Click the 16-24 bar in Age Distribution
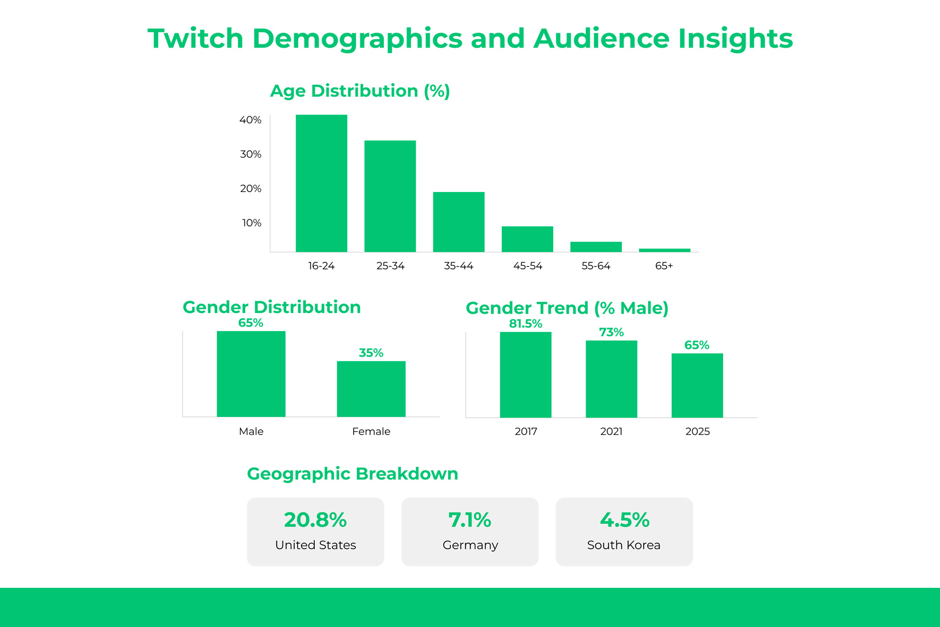pyautogui.click(x=321, y=184)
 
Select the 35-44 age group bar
pyautogui.click(x=459, y=222)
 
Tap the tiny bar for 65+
pyautogui.click(x=664, y=250)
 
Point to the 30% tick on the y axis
pyautogui.click(x=250, y=154)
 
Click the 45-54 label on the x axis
pyautogui.click(x=527, y=266)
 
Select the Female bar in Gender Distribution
pyautogui.click(x=371, y=389)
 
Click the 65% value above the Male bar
pyautogui.click(x=251, y=323)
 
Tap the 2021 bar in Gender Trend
pyautogui.click(x=611, y=379)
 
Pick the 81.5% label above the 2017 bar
pyautogui.click(x=525, y=324)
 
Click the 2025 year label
pyautogui.click(x=697, y=432)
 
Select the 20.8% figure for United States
pyautogui.click(x=315, y=520)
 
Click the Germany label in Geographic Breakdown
pyautogui.click(x=470, y=545)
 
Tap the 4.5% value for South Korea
pyautogui.click(x=624, y=520)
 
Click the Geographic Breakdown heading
pyautogui.click(x=352, y=474)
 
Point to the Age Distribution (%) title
pyautogui.click(x=360, y=91)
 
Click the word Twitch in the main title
pyautogui.click(x=195, y=39)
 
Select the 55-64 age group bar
pyautogui.click(x=596, y=247)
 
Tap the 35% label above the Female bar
pyautogui.click(x=371, y=353)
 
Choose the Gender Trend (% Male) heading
pyautogui.click(x=567, y=308)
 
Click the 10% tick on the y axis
pyautogui.click(x=251, y=223)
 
